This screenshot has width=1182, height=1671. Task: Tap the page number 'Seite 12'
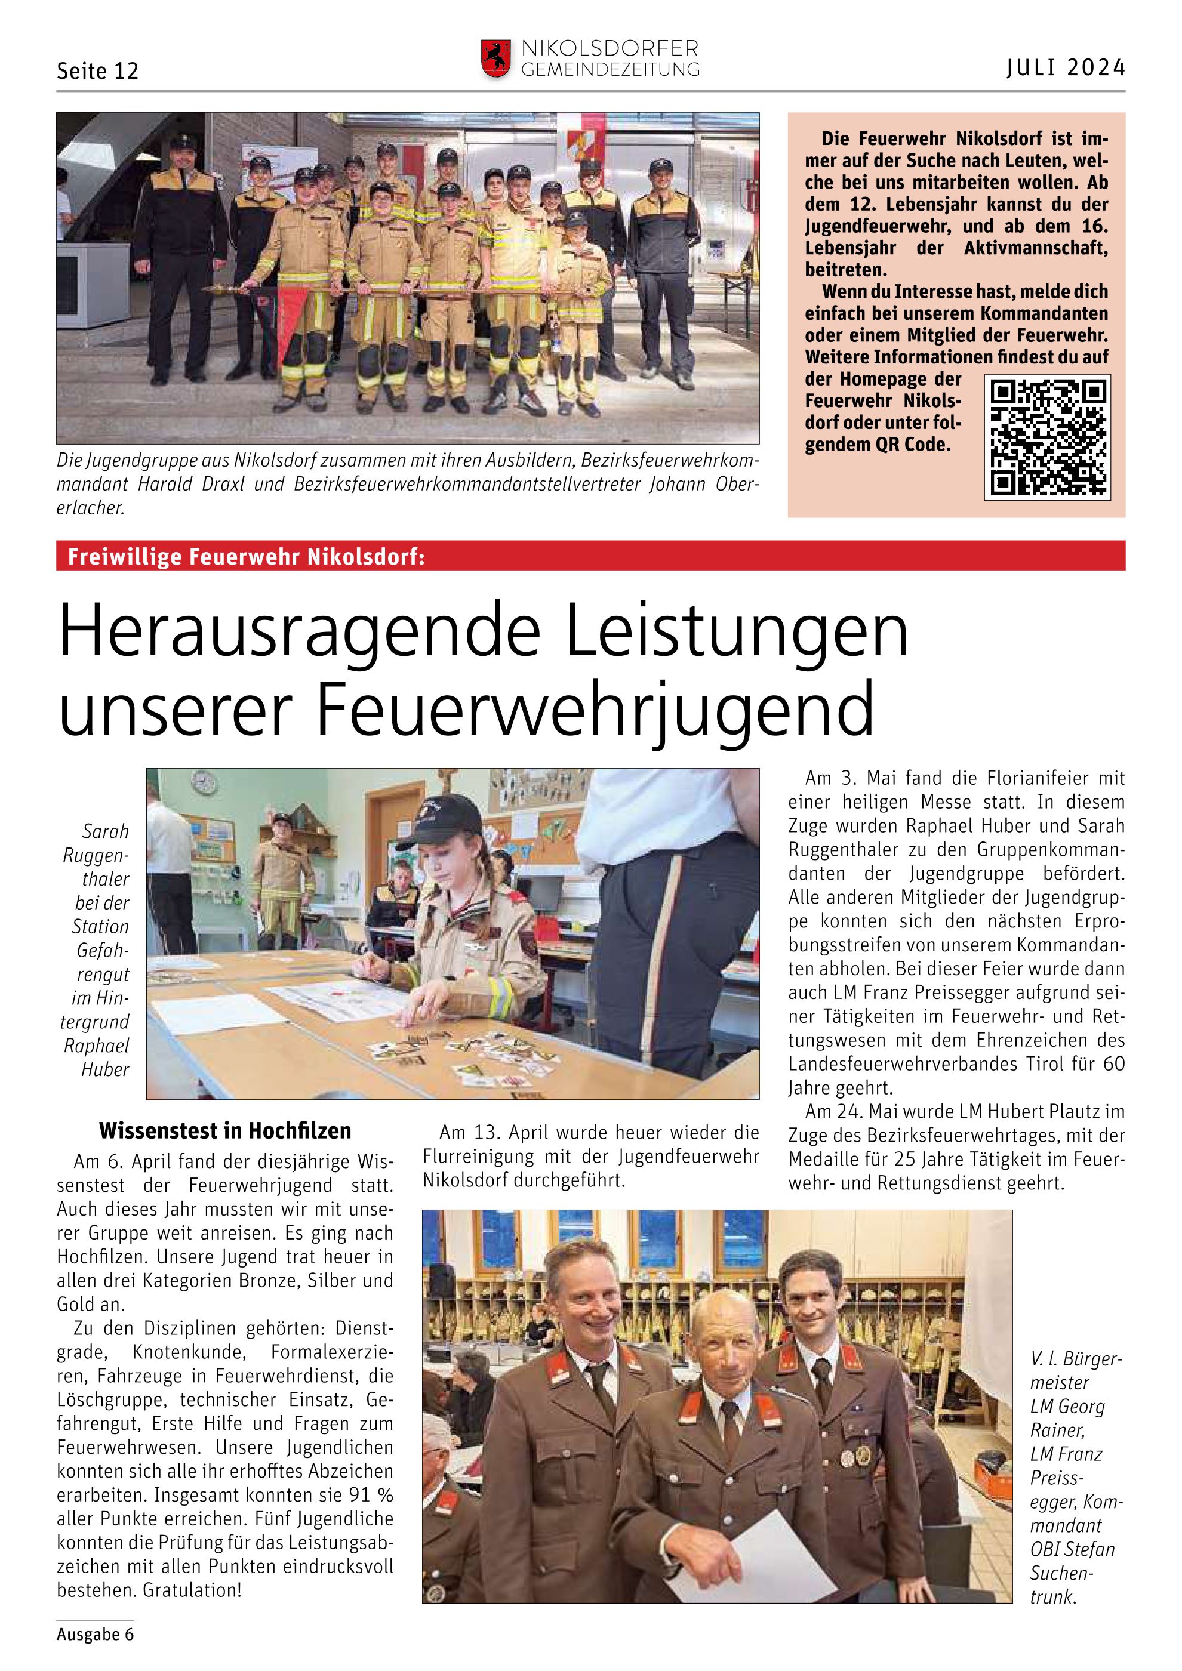(x=97, y=72)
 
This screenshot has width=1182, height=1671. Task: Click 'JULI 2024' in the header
(x=1066, y=67)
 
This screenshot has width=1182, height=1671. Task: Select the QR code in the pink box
(x=1047, y=437)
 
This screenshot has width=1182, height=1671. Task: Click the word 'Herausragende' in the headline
(x=299, y=631)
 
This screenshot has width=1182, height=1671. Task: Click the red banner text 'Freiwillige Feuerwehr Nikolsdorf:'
(x=246, y=557)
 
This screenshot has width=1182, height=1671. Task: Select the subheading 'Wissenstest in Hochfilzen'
(x=225, y=1130)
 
